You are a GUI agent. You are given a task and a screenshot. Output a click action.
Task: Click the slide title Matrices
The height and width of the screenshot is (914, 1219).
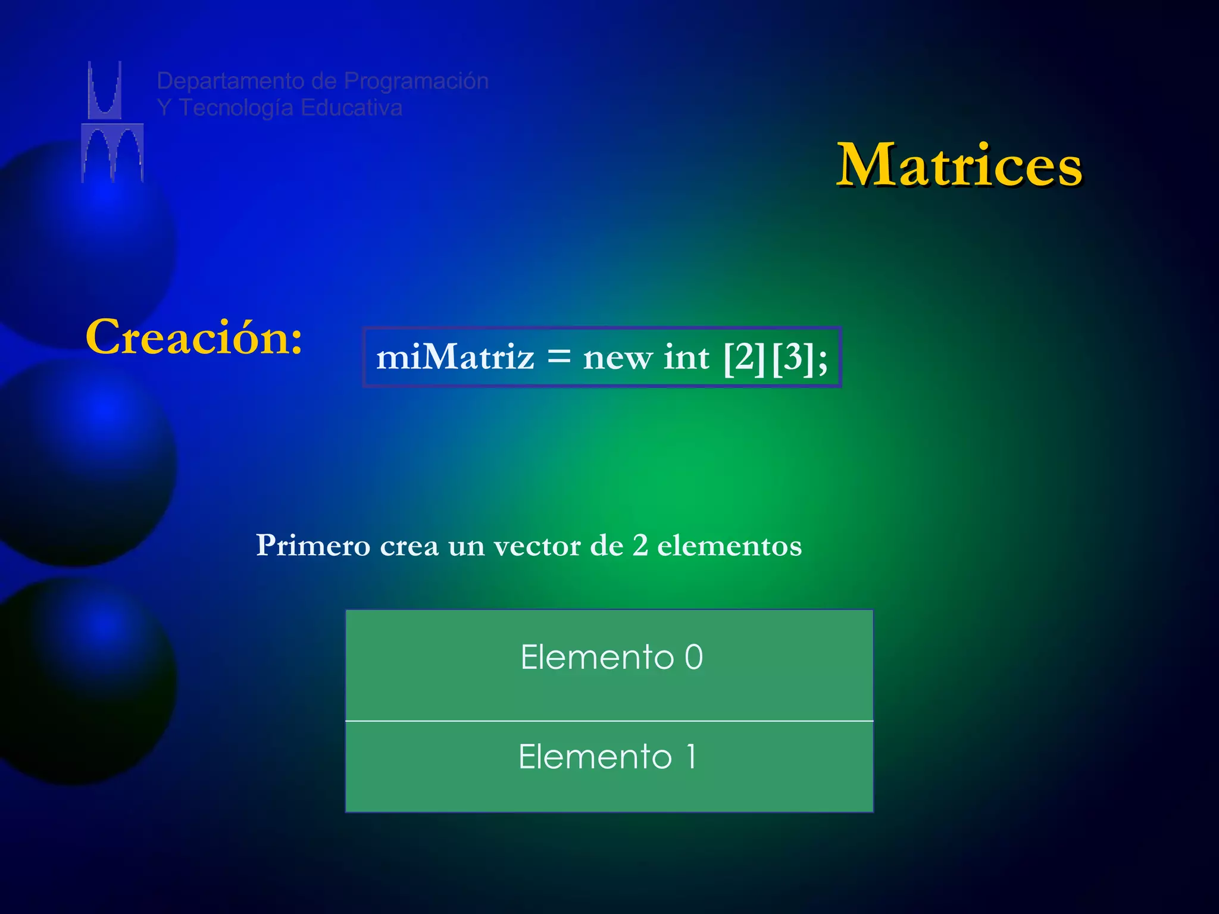tap(959, 165)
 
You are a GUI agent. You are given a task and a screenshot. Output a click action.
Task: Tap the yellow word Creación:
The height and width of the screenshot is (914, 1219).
tap(194, 337)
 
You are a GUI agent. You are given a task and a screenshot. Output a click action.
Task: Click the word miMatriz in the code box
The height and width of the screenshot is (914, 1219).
tap(455, 358)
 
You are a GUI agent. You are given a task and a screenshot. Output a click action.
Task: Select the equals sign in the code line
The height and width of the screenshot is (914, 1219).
tap(558, 358)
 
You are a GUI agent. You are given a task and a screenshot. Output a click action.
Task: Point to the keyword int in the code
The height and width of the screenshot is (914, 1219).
tap(686, 358)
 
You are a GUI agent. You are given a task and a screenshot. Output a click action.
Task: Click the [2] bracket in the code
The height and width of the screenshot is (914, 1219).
tap(744, 358)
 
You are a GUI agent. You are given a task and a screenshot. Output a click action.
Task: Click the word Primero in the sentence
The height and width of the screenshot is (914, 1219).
tap(313, 545)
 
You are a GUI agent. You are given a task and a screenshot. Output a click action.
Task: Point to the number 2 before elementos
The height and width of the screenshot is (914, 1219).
tap(640, 545)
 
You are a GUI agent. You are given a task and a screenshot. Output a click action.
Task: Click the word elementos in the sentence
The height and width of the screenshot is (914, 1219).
tap(729, 546)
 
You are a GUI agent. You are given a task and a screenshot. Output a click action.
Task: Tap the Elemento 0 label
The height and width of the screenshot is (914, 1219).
tap(611, 658)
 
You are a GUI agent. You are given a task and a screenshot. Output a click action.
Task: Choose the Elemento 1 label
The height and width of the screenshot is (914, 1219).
tap(607, 757)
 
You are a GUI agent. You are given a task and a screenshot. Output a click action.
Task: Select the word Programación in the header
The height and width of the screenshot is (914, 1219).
tap(416, 82)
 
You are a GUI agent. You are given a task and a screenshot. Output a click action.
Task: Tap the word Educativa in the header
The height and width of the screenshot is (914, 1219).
tap(351, 108)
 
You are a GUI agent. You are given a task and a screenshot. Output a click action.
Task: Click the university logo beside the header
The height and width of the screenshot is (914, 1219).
tap(112, 121)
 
